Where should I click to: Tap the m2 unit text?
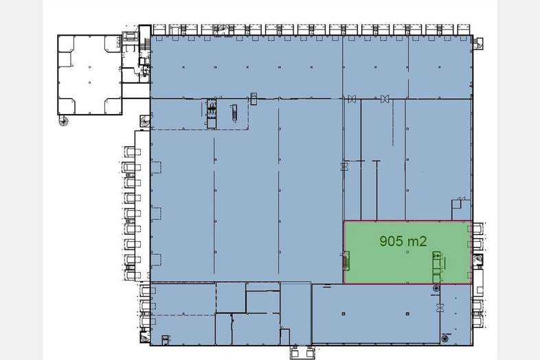[416, 241]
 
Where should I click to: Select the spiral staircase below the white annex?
[63, 121]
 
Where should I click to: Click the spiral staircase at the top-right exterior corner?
[478, 43]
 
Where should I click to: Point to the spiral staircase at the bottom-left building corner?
[144, 337]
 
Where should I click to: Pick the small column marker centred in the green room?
[408, 252]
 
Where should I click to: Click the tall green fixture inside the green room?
[438, 267]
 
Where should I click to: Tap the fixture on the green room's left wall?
[346, 261]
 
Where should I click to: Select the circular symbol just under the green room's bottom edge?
[436, 288]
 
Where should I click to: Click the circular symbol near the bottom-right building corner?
[445, 339]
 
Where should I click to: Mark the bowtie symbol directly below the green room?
[440, 308]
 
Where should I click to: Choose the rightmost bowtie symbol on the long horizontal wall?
[385, 99]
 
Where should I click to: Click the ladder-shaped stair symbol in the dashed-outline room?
[234, 113]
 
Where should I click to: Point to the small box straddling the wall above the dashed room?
[254, 98]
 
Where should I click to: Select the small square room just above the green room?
[456, 210]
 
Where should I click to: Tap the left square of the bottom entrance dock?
[295, 353]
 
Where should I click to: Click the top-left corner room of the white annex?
[66, 44]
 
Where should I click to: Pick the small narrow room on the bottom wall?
[284, 337]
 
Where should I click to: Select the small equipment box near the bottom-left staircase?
[166, 340]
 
